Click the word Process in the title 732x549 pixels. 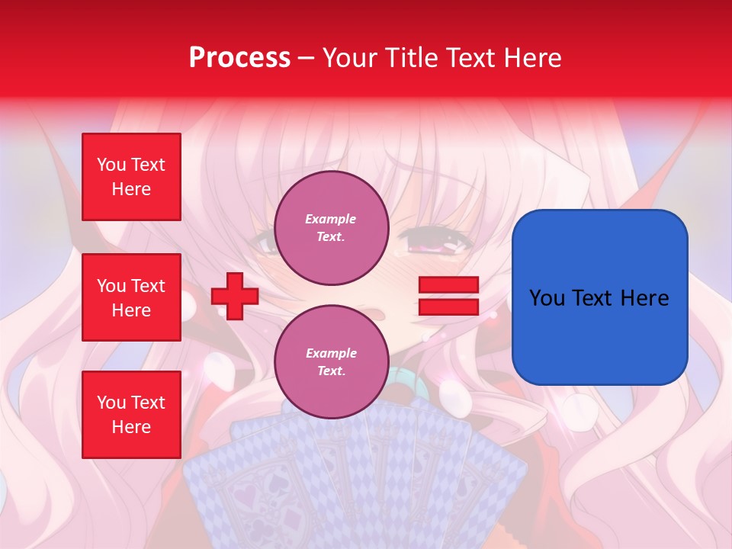tap(239, 58)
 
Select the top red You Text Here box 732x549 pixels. tap(131, 177)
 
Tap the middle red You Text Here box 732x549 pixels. tap(131, 297)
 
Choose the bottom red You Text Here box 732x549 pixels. tap(131, 415)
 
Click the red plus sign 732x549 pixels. tap(235, 296)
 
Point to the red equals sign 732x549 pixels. tap(448, 296)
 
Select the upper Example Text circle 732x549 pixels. tap(331, 228)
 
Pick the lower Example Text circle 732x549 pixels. tap(331, 362)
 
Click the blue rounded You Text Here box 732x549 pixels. tap(599, 297)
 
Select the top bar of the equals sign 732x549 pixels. tap(448, 285)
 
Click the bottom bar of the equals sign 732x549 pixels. tap(448, 307)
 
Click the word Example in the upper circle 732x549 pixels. tap(331, 219)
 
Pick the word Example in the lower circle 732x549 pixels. tap(331, 353)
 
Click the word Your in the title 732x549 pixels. tap(348, 58)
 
